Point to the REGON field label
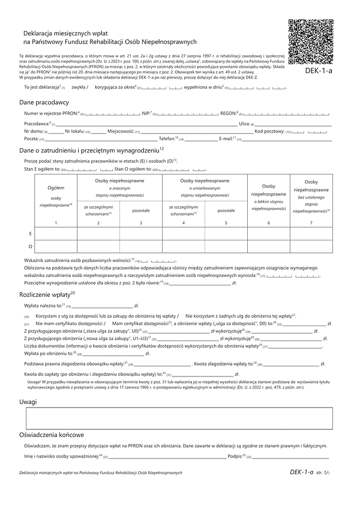coord(229,112)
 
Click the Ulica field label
coord(244,123)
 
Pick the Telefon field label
coord(167,139)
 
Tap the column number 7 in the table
coord(311,223)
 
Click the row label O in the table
coord(31,246)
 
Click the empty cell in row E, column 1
coord(56,233)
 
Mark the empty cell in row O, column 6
coord(268,246)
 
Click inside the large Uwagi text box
coord(178,417)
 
